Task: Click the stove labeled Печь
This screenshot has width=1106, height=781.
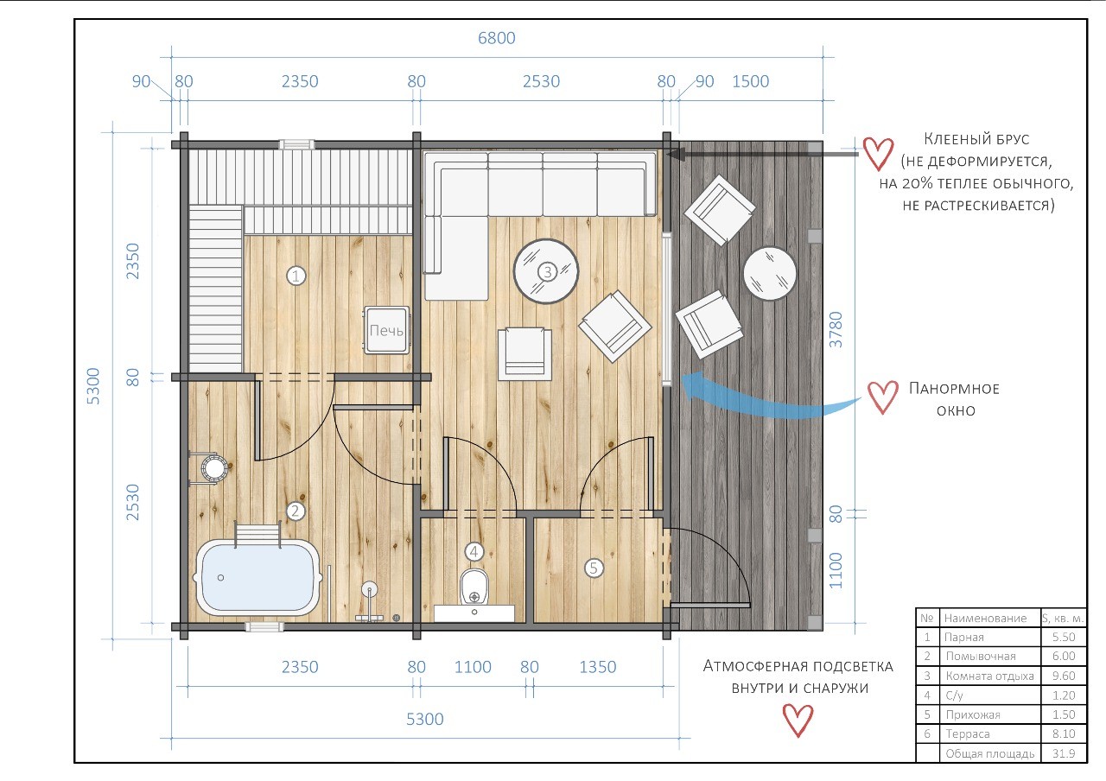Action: (x=386, y=330)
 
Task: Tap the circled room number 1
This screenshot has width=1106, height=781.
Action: (x=296, y=276)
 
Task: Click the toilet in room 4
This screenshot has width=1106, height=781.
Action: (x=474, y=588)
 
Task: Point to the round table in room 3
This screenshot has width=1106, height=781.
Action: (x=545, y=271)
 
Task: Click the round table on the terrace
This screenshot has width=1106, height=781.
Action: (x=770, y=273)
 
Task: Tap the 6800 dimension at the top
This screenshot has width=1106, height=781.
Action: (x=496, y=38)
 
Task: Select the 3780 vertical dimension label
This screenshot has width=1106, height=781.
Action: (x=836, y=329)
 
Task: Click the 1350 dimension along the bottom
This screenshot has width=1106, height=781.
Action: (x=597, y=667)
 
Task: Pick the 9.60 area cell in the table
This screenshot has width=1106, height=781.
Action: (x=1063, y=676)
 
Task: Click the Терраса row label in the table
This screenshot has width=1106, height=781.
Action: (x=967, y=734)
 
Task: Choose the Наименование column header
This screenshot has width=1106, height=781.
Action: (x=985, y=618)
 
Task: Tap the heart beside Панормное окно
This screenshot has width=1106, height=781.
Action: (x=883, y=397)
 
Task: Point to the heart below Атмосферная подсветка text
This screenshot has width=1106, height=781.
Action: (x=798, y=721)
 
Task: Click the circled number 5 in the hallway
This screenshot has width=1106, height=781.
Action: (x=594, y=568)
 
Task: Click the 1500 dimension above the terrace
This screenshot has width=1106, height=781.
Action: (x=751, y=81)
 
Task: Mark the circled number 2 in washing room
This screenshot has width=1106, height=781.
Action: (x=296, y=511)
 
